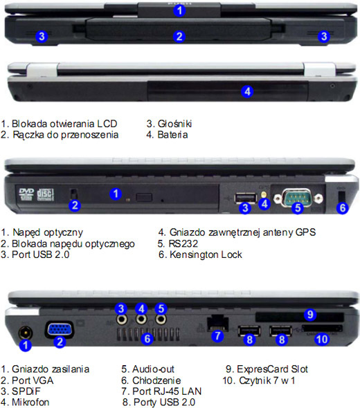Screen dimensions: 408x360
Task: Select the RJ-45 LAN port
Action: pyautogui.click(x=217, y=322)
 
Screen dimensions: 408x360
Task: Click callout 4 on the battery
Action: pyautogui.click(x=248, y=91)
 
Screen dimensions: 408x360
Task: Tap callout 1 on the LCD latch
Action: pyautogui.click(x=179, y=10)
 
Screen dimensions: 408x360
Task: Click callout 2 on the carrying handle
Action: pyautogui.click(x=179, y=36)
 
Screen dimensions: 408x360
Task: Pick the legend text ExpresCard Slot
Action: pyautogui.click(x=270, y=369)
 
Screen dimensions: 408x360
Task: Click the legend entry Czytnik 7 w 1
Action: pyautogui.click(x=263, y=380)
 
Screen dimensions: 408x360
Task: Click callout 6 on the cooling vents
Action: pyautogui.click(x=146, y=338)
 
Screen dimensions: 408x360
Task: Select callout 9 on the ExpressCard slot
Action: pyautogui.click(x=311, y=314)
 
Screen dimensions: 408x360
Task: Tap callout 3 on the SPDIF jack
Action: pyautogui.click(x=121, y=308)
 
